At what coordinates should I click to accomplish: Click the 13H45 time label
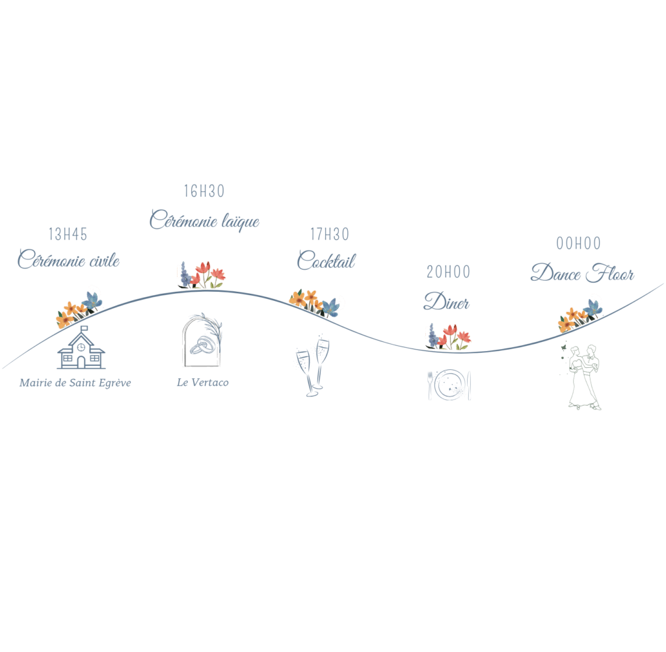click(x=68, y=234)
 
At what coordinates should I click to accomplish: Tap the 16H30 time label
click(x=204, y=191)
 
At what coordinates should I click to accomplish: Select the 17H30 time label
click(x=329, y=234)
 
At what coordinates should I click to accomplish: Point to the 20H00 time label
click(x=448, y=272)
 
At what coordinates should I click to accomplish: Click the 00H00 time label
click(x=578, y=244)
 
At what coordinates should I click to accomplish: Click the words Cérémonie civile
click(x=69, y=260)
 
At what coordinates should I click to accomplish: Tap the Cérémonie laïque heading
click(x=204, y=220)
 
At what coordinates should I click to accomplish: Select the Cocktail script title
click(x=326, y=260)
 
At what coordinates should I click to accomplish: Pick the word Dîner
click(x=447, y=302)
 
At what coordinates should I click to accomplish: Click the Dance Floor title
click(x=582, y=273)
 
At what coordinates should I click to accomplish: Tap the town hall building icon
click(x=81, y=350)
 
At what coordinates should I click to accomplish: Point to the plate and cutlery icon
click(x=449, y=385)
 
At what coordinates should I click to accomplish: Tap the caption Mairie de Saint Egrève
click(x=75, y=383)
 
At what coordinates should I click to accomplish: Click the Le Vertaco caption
click(x=202, y=382)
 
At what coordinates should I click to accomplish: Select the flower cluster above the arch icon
click(x=201, y=276)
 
